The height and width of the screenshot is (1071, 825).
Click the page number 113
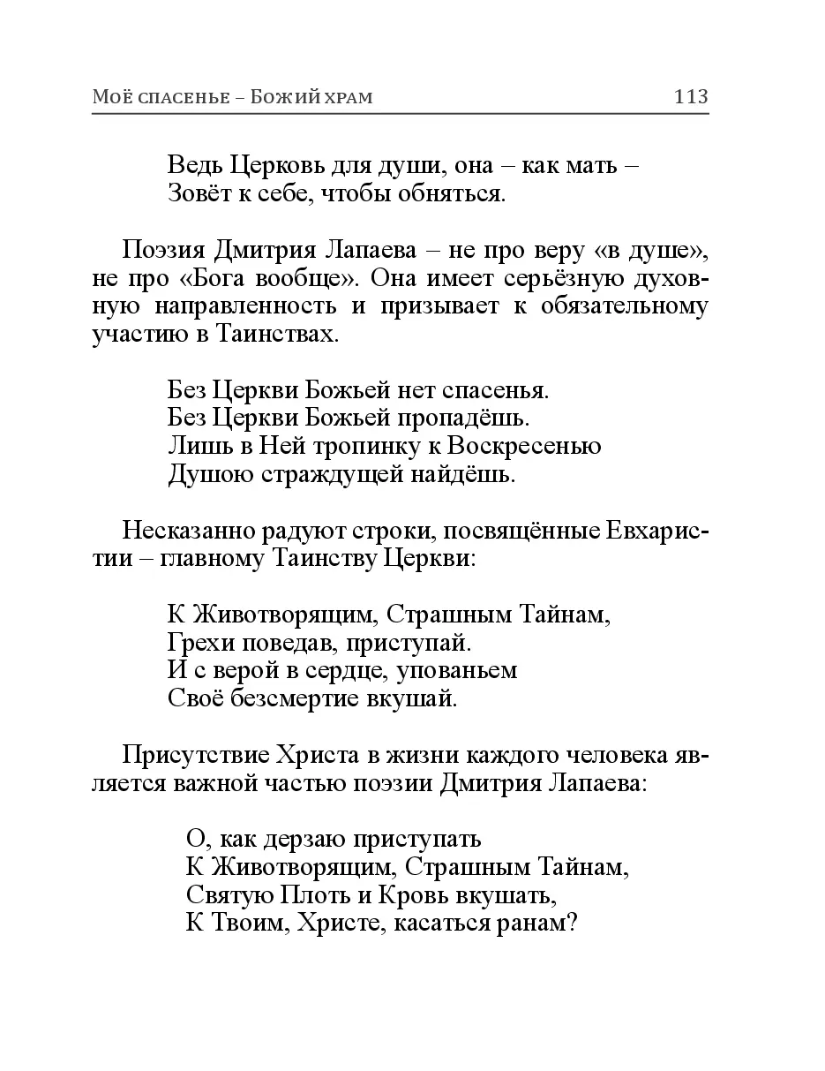(x=690, y=97)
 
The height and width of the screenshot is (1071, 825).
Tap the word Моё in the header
(x=110, y=97)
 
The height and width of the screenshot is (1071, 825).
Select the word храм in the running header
(x=345, y=97)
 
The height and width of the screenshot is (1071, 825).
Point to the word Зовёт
(x=197, y=193)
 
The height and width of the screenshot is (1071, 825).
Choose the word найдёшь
(x=470, y=474)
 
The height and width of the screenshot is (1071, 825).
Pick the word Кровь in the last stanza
(x=414, y=895)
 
